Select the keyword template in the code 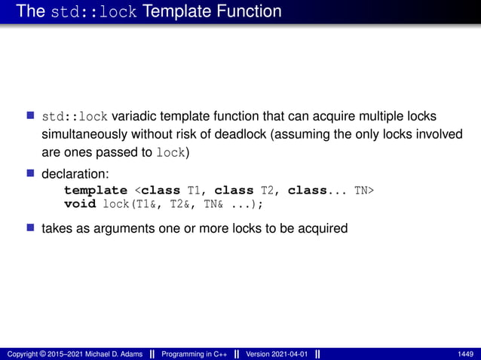96,191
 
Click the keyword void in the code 79,204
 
